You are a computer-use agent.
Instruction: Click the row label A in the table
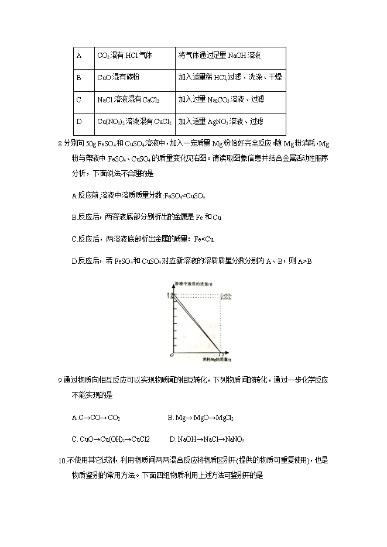tap(79, 56)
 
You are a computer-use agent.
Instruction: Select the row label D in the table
tap(79, 122)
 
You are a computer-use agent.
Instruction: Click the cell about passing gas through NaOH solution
tap(220, 56)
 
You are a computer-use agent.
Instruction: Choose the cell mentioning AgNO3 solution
tap(221, 122)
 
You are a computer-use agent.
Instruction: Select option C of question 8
tap(142, 239)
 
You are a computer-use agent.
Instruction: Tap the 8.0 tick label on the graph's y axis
tap(170, 294)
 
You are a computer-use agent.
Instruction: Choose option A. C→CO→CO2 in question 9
tap(96, 418)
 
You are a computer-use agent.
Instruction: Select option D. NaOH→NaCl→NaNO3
tap(207, 439)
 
